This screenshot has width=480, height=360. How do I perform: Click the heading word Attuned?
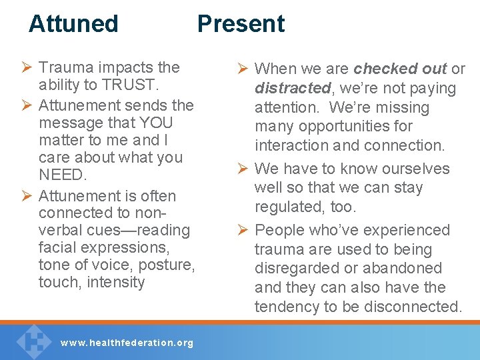point(73,23)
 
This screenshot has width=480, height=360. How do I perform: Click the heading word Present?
point(241,23)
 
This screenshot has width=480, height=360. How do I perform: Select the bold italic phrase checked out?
point(400,69)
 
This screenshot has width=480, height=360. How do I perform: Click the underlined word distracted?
point(292,88)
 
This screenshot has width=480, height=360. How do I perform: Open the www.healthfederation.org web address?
point(127,343)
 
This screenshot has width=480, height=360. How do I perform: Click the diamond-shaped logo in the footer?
point(31,341)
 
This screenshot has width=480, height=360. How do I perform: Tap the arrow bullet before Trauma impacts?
point(27,68)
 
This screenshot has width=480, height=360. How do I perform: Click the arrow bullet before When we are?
point(243,69)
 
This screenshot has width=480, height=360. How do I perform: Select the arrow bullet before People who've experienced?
point(243,231)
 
